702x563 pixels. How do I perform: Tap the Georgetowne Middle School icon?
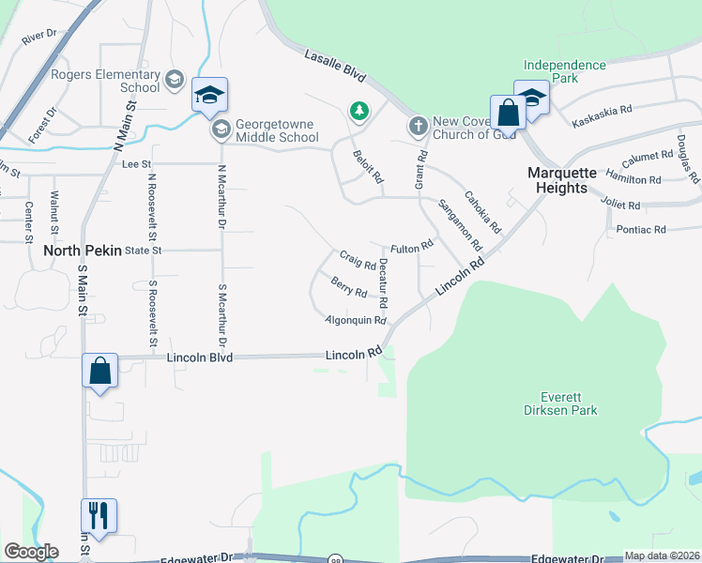point(221,129)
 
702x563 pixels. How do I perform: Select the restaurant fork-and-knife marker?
point(99,515)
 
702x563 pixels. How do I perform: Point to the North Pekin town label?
point(81,251)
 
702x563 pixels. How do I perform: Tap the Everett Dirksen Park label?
point(562,403)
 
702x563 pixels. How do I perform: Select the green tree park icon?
point(359,112)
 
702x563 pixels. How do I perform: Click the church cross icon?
point(418,124)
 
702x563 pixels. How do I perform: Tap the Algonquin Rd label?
point(356,320)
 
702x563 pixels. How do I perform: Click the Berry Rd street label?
point(348,287)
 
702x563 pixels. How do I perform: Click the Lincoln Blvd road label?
point(199,358)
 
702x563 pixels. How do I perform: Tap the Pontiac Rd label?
point(641,229)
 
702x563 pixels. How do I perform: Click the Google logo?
point(31,552)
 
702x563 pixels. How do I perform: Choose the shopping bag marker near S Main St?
point(99,372)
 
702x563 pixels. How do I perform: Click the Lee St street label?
point(137,163)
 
